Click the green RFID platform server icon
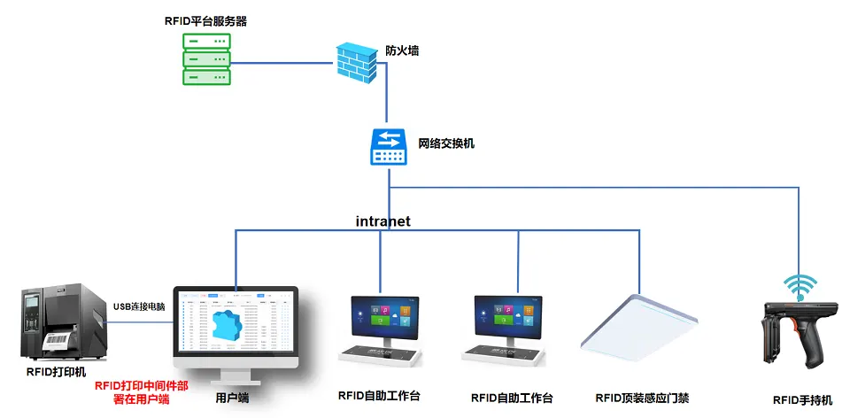coord(205,59)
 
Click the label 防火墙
coord(402,50)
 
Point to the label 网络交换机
coord(446,142)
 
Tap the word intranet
coord(383,221)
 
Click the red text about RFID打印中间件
coord(142,392)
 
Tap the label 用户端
coord(232,398)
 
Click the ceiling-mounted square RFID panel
coord(637,326)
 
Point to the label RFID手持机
coord(802,400)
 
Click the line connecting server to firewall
coord(283,63)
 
